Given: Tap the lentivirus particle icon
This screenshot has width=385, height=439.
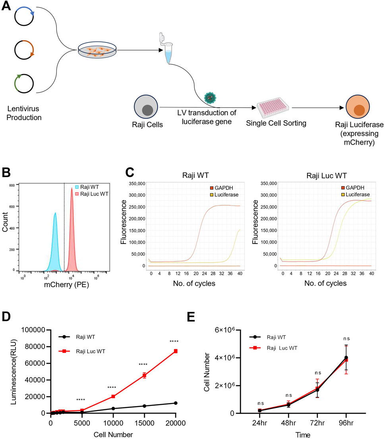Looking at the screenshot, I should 209,97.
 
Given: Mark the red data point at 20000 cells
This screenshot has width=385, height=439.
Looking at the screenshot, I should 176,351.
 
